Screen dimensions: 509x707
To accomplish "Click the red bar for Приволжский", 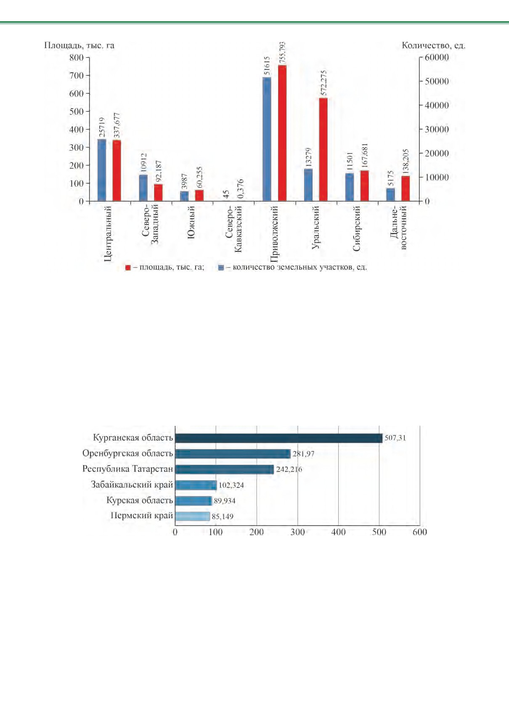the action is [282, 133].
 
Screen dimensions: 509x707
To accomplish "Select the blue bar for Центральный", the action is [102, 170].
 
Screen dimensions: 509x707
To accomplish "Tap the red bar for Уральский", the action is [323, 149].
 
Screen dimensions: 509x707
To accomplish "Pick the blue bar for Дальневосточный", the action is [391, 195].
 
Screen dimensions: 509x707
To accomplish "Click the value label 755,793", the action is [283, 53].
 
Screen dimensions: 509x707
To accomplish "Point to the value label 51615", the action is [267, 66].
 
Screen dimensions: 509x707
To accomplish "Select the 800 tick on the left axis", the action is [77, 58].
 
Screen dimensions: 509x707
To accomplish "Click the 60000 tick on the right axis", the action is [437, 58].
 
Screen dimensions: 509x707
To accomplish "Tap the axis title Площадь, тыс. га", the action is [79, 45].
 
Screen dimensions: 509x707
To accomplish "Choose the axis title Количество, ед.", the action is [434, 45].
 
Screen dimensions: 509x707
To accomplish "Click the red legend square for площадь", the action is [128, 267].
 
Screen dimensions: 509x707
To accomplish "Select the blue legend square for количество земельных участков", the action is [221, 267].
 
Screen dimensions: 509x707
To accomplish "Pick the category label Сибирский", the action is [356, 228].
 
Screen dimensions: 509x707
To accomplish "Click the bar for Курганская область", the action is [279, 438].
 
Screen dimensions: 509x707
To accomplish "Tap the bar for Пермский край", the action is [193, 516].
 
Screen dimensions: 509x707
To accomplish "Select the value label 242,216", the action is [289, 469].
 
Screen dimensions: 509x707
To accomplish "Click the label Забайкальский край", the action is [132, 485].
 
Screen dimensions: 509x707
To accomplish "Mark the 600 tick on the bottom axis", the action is [420, 532].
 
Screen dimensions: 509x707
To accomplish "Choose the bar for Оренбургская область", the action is [233, 454].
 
